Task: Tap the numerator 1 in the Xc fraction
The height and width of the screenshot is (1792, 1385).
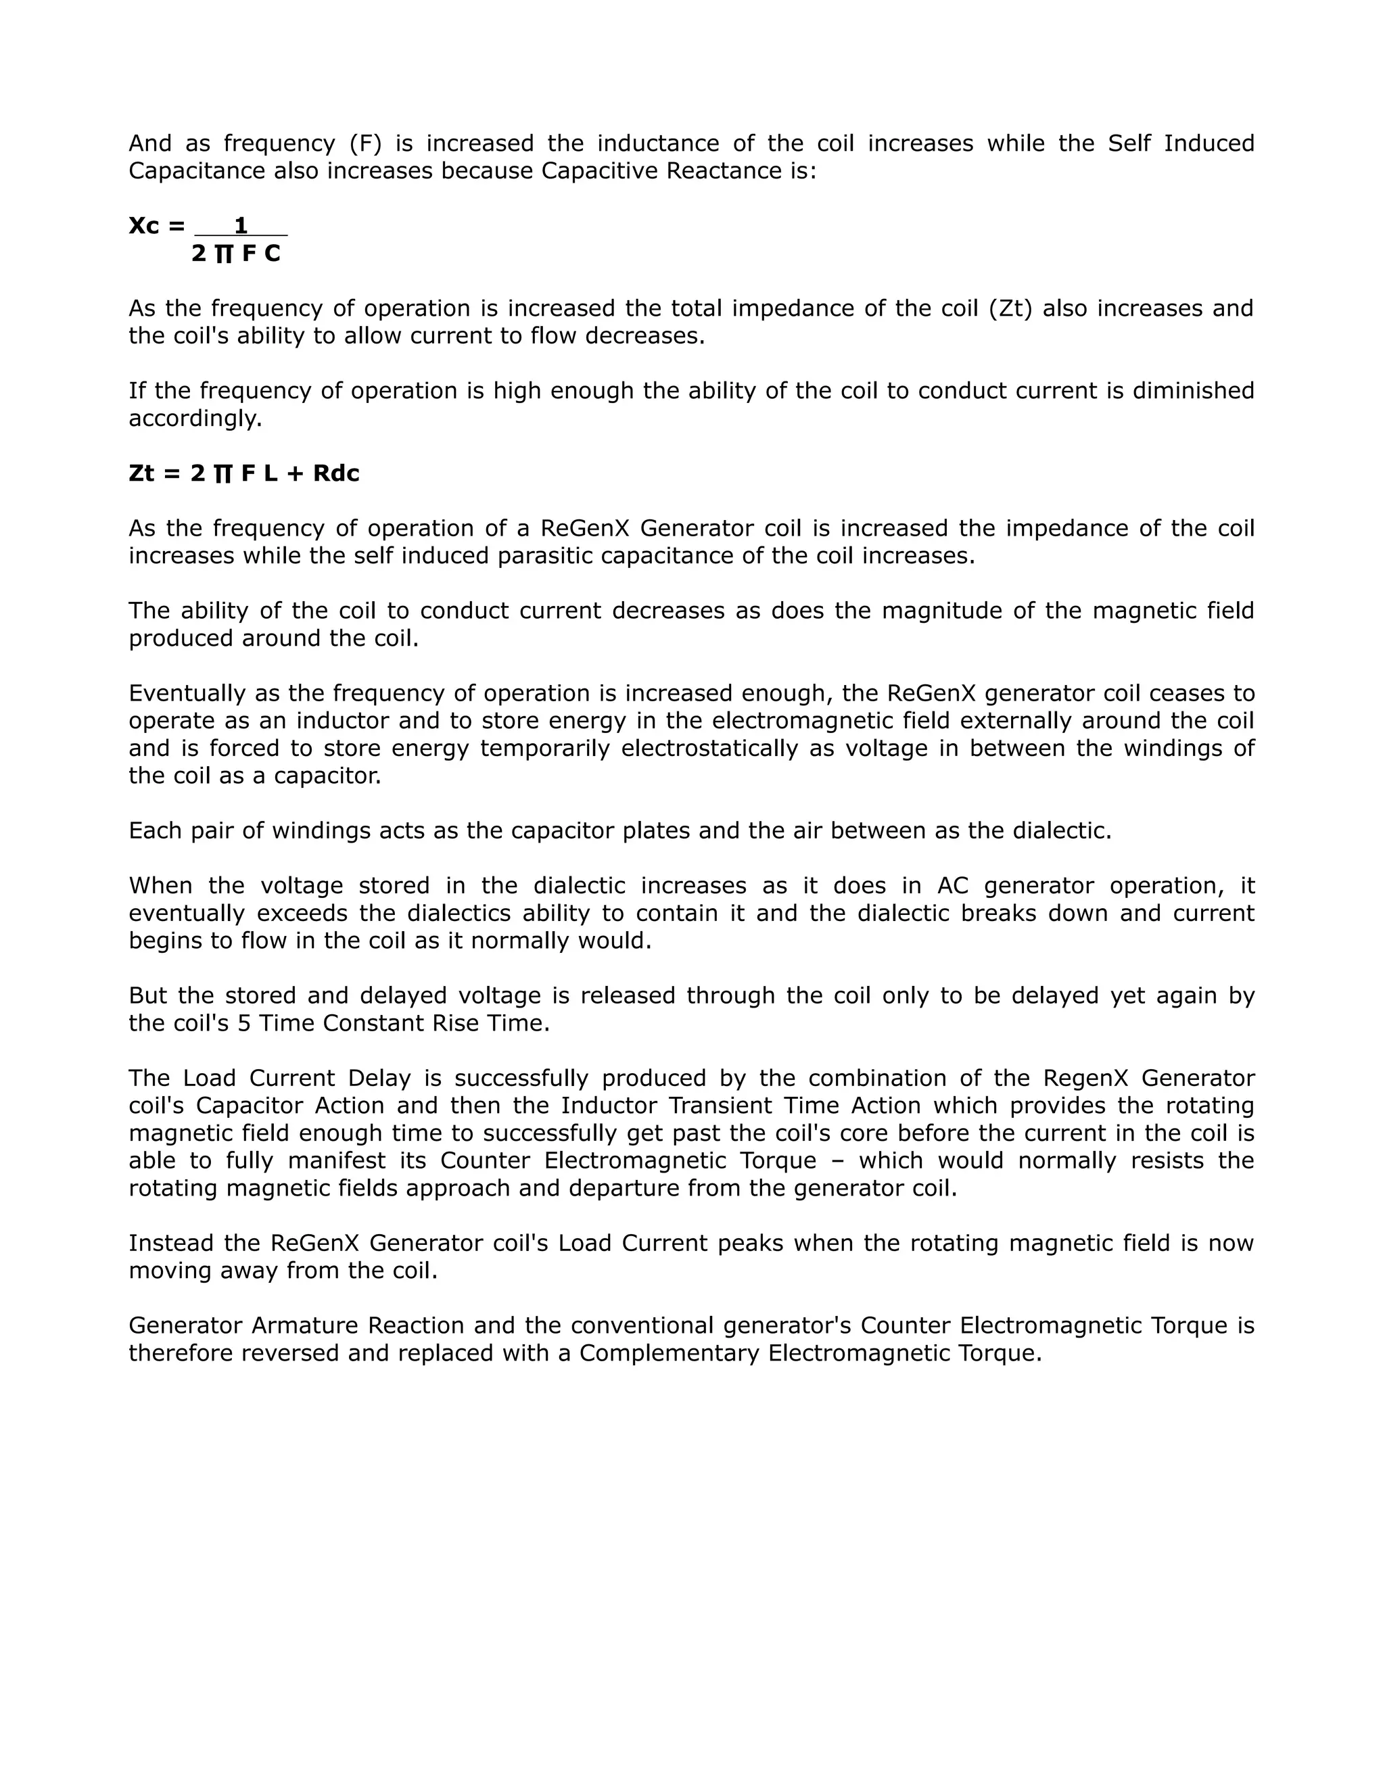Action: pyautogui.click(x=240, y=226)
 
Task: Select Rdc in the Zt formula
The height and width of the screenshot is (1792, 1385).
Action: pyautogui.click(x=336, y=473)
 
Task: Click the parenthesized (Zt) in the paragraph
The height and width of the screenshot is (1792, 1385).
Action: pyautogui.click(x=1011, y=308)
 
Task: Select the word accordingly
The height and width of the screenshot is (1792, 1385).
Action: pyautogui.click(x=195, y=419)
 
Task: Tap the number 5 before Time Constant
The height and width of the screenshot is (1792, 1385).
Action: pyautogui.click(x=243, y=1023)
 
